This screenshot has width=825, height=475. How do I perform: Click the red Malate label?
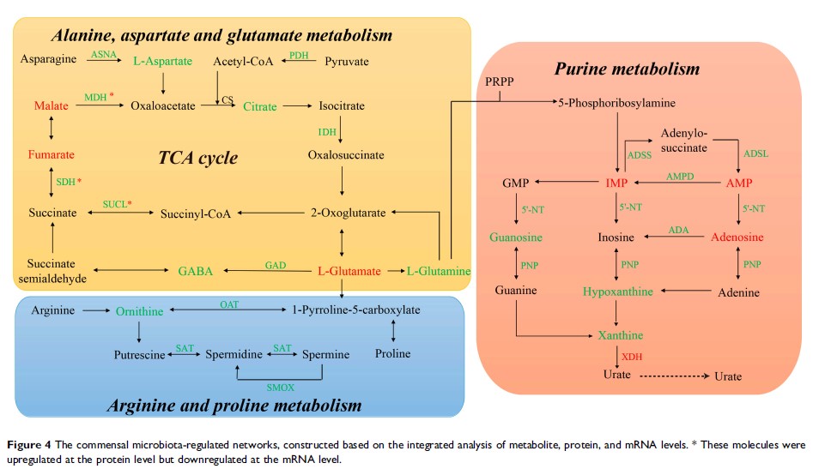pos(51,106)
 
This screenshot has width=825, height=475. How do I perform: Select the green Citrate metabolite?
pos(260,106)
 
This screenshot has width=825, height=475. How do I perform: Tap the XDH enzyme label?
pos(631,355)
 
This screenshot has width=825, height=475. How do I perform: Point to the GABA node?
pos(196,271)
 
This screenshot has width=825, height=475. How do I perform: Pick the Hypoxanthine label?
pos(618,292)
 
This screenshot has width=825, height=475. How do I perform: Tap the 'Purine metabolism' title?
pos(627,69)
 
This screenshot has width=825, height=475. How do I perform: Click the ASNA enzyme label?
pos(103,55)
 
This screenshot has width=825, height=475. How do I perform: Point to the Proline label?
pos(393,353)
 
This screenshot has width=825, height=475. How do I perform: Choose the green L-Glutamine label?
pos(439,271)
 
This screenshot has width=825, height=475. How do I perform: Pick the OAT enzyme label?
pos(229,304)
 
